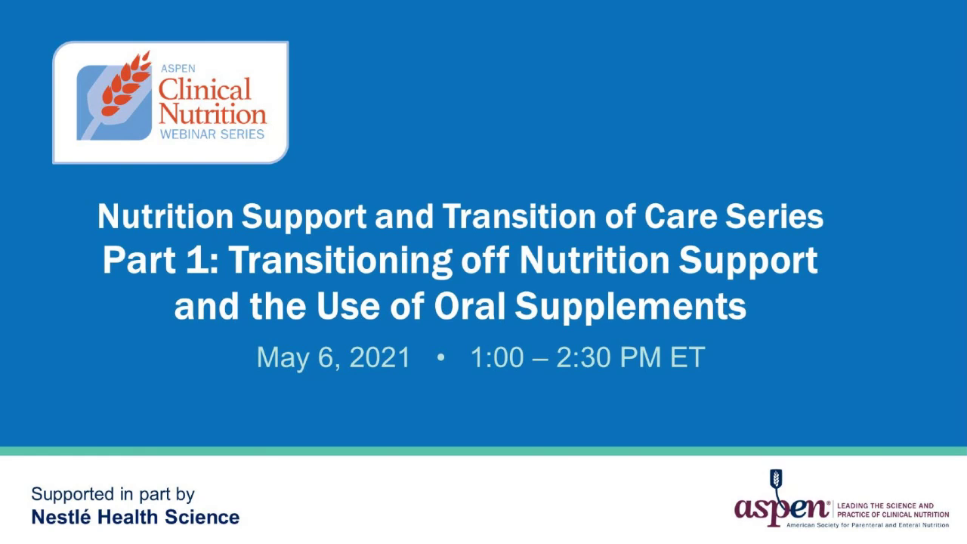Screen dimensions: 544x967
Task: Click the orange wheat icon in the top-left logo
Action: [x=125, y=85]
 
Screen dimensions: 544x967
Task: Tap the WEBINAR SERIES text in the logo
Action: [x=212, y=134]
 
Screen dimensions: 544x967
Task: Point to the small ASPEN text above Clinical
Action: [x=178, y=69]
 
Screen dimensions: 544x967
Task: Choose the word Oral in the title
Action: [x=470, y=307]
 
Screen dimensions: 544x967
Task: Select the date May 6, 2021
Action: [x=333, y=357]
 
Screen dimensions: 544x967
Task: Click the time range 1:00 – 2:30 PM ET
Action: [x=587, y=357]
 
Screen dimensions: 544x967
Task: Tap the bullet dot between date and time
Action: [x=440, y=358]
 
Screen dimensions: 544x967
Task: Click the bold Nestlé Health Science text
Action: [x=135, y=518]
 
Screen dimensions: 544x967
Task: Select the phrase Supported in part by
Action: [x=113, y=495]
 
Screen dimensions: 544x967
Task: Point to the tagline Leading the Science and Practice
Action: [x=891, y=509]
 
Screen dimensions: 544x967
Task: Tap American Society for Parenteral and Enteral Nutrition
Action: [x=867, y=524]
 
